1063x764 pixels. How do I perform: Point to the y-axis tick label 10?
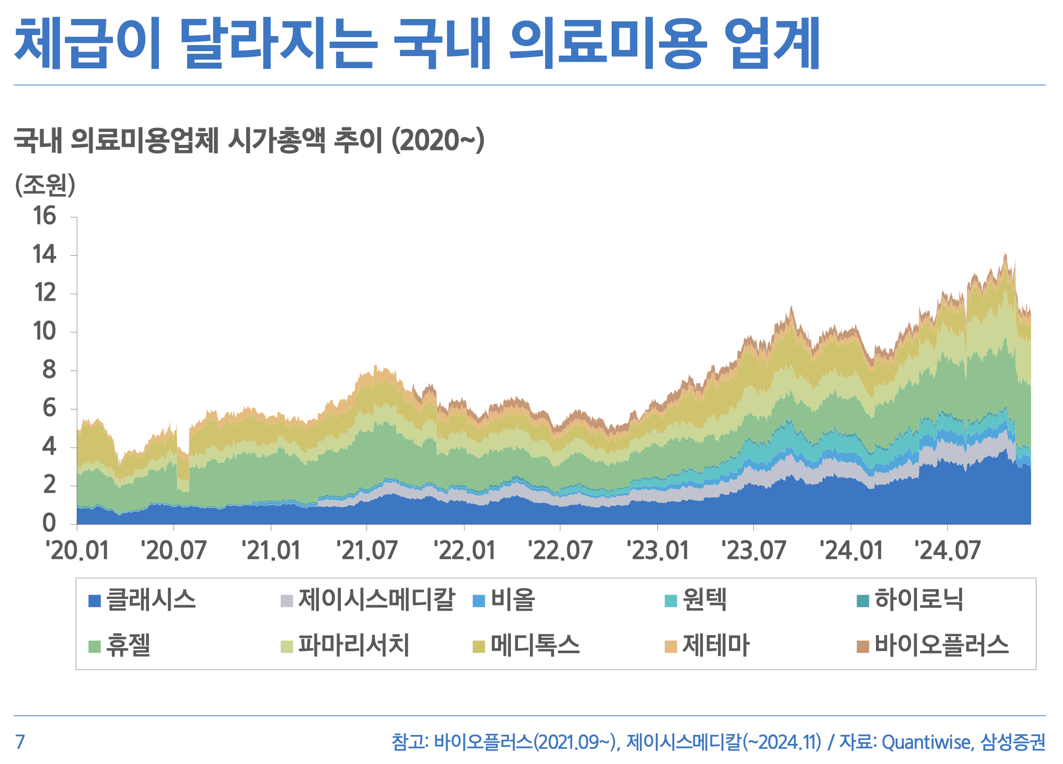[45, 331]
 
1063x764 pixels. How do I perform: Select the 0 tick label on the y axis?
[49, 523]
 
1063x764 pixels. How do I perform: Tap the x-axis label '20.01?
[77, 550]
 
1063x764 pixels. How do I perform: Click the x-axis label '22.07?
[560, 550]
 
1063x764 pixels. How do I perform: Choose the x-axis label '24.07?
[947, 550]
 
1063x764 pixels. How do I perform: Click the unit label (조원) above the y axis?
[45, 185]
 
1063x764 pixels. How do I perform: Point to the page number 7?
[20, 742]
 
